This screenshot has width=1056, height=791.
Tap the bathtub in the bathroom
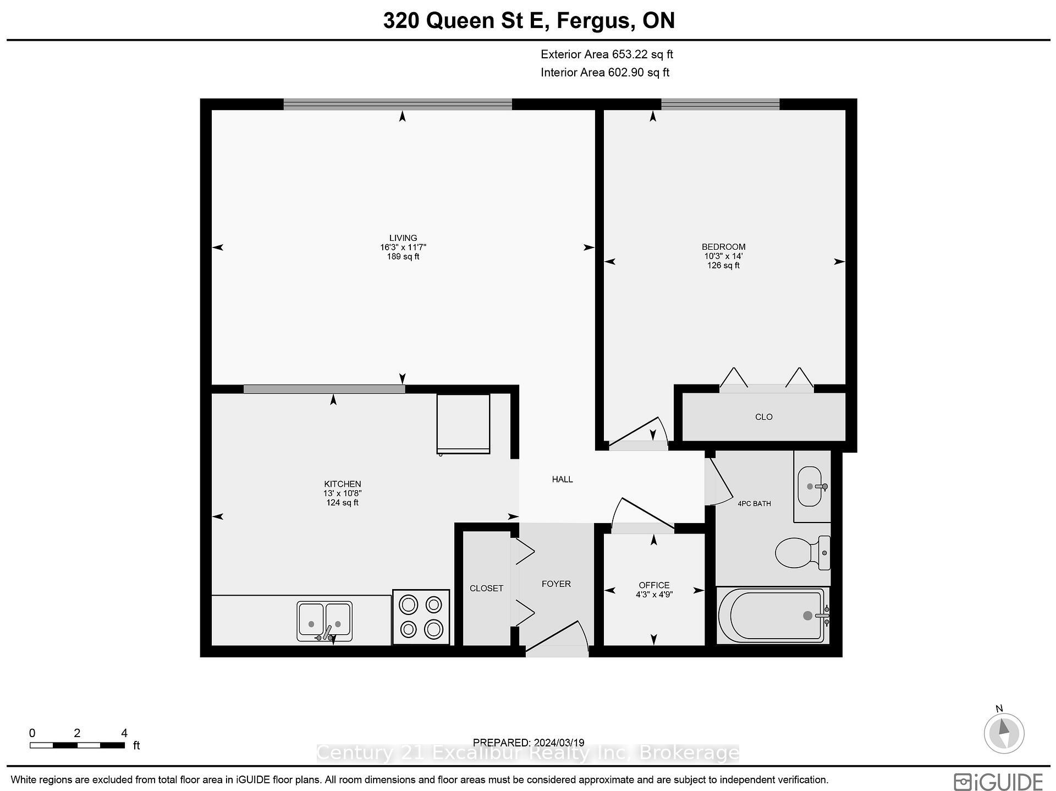coord(772,616)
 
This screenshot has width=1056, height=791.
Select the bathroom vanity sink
coord(810,486)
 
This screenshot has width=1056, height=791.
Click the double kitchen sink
coord(324,621)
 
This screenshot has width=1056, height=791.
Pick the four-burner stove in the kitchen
coord(421,617)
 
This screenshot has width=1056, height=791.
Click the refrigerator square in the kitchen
coord(463,423)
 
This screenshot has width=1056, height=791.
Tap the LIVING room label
coord(403,238)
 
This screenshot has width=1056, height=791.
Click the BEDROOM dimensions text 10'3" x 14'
coord(723,256)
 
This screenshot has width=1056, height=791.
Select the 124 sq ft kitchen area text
coord(342,503)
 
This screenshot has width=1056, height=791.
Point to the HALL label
coord(562,480)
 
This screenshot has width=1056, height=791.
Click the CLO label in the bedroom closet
coord(763,418)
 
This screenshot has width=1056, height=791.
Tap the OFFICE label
coord(654,585)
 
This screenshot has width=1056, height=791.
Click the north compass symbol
coord(1004,733)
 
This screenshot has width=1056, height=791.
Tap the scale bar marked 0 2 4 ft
coord(77,745)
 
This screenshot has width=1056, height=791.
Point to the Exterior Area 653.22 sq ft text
coord(607,54)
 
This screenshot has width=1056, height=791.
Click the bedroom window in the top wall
coord(720,104)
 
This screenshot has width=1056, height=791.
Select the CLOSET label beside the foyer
coord(486,589)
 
